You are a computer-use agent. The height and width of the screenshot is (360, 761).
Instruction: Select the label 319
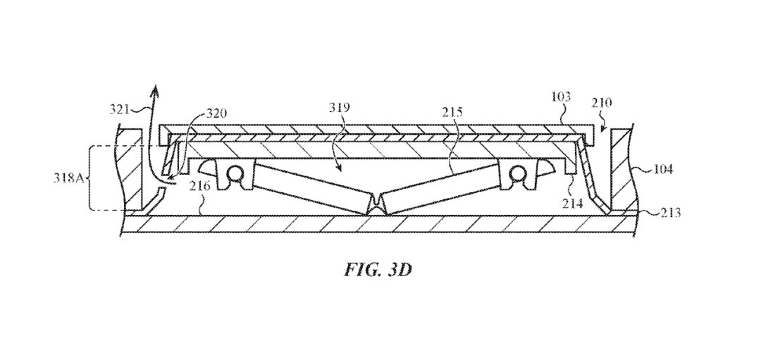coord(340,108)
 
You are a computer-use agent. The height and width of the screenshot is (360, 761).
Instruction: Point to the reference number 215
coord(452,113)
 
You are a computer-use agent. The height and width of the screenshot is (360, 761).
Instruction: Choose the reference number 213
coord(670,213)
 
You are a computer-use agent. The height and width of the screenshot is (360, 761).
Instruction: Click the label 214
coord(572,204)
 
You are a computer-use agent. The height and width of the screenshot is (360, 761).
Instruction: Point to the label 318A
coord(68,178)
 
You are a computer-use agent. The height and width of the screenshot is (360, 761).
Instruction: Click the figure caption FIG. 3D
coord(378,270)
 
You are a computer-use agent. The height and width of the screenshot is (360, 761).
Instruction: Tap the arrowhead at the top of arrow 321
coord(155,90)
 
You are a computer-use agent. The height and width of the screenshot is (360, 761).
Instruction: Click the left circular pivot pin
coord(236,174)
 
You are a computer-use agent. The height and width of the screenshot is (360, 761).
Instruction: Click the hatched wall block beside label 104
coord(621,170)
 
